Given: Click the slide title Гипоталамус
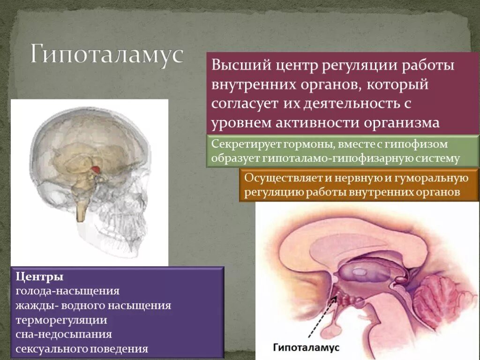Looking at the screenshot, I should [106, 55].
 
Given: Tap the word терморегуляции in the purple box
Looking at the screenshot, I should [61, 321].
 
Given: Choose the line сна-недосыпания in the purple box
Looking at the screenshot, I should [64, 335].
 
